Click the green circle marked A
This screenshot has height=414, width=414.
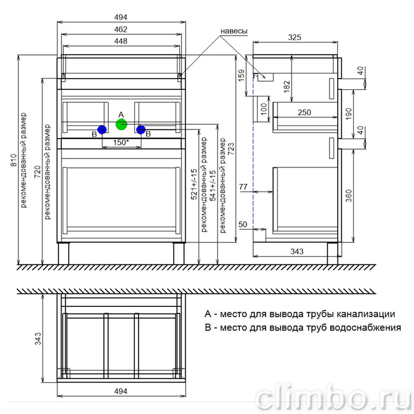[121, 124]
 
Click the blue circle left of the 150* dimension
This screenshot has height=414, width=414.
[102, 130]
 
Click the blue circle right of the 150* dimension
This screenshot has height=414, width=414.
[141, 130]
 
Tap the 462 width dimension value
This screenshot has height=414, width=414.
[121, 30]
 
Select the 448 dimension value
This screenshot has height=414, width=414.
[121, 41]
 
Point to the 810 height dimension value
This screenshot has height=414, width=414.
[14, 160]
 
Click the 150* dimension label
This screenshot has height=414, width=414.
[121, 143]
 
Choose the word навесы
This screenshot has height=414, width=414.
[234, 31]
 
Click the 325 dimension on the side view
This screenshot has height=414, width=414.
[295, 37]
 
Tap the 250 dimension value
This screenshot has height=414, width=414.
[305, 112]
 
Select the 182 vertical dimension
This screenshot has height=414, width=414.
[286, 87]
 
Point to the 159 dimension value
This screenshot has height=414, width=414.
[241, 76]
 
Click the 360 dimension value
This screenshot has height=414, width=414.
[349, 196]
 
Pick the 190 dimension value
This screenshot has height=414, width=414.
[349, 114]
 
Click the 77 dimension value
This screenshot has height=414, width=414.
[243, 187]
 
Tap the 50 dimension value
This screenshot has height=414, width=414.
[243, 224]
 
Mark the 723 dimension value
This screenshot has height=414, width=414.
[231, 150]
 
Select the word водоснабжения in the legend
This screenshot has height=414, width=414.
[366, 328]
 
